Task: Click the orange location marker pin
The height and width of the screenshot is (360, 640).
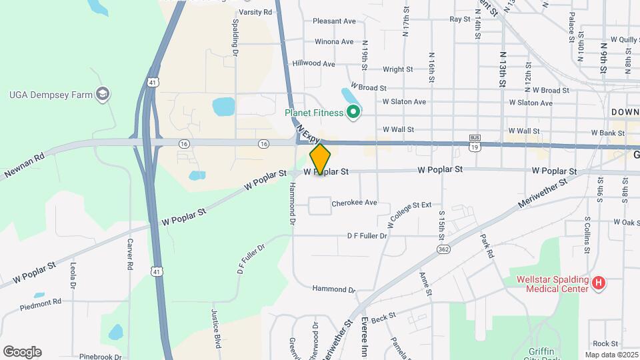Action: click(320, 159)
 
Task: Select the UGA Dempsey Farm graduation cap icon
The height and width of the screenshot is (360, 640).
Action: click(102, 95)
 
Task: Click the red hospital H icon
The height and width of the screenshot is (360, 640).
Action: click(599, 284)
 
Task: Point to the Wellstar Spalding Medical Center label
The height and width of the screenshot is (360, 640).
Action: click(553, 284)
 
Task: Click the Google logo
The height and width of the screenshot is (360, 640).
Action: click(22, 351)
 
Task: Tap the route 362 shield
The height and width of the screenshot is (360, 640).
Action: click(443, 249)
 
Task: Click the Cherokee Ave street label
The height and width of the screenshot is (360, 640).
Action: click(355, 203)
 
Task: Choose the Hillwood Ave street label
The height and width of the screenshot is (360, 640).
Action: click(313, 64)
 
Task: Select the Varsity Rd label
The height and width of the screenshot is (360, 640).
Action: click(255, 12)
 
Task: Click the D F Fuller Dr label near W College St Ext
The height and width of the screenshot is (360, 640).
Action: click(367, 236)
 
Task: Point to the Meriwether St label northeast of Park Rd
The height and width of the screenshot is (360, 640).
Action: click(544, 193)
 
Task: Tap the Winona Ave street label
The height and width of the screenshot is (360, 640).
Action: click(333, 41)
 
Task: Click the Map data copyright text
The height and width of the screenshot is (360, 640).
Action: click(611, 355)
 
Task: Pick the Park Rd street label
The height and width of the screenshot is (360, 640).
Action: click(487, 245)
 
